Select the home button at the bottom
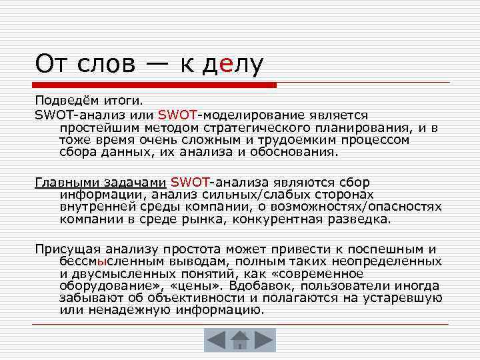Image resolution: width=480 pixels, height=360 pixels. pyautogui.click(x=239, y=340)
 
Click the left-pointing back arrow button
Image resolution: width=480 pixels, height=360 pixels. pyautogui.click(x=216, y=340)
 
